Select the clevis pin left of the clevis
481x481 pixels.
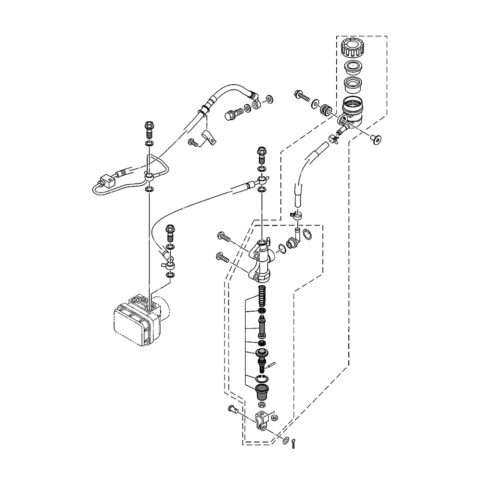pyautogui.click(x=233, y=410)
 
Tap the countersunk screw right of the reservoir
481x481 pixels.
pyautogui.click(x=377, y=139)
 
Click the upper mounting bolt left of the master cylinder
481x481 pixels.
pyautogui.click(x=224, y=237)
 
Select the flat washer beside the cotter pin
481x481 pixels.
pyautogui.click(x=286, y=440)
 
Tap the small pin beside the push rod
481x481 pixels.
pyautogui.click(x=272, y=365)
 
